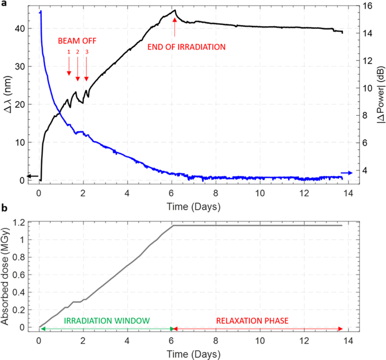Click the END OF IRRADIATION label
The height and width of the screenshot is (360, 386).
click(186, 47)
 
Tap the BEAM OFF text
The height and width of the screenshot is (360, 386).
click(77, 40)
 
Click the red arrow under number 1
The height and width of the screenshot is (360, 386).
click(69, 66)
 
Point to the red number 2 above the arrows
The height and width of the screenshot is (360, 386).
click(77, 52)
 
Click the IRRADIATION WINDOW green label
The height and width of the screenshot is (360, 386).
click(107, 321)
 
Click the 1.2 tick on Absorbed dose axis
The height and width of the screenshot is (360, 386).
click(19, 222)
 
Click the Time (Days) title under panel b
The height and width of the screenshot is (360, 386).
click(194, 354)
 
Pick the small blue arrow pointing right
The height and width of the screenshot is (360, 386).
click(347, 173)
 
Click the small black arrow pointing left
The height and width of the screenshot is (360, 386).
click(33, 176)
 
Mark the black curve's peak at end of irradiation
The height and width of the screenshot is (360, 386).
click(175, 10)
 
